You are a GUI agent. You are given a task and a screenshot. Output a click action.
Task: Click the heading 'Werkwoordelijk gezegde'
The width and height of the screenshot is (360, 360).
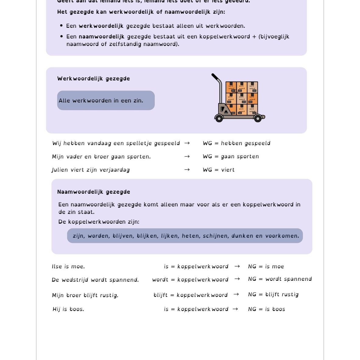(94, 79)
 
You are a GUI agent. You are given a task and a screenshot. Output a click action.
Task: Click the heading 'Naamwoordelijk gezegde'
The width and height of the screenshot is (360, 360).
(94, 192)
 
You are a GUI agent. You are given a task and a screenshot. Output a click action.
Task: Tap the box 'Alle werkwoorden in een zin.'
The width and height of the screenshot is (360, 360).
(106, 101)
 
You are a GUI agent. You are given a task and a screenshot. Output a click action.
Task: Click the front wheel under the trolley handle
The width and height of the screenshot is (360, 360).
(219, 118)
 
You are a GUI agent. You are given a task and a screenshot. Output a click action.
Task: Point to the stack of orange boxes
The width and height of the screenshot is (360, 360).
(242, 97)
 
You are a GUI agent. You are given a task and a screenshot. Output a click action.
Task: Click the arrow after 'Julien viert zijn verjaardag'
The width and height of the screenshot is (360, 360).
(187, 170)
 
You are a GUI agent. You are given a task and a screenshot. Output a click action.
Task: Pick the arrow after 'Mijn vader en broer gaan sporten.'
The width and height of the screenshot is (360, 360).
(187, 156)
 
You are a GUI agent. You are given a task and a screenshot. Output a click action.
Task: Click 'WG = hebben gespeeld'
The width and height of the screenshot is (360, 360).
(237, 143)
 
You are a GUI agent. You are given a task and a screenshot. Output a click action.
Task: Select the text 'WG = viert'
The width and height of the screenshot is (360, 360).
(219, 170)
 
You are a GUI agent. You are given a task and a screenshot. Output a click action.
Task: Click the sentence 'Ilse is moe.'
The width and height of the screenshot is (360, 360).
(68, 266)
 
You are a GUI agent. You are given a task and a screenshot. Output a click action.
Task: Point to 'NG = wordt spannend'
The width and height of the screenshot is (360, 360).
(280, 279)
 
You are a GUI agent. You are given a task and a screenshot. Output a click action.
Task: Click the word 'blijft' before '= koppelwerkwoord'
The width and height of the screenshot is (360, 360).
(161, 295)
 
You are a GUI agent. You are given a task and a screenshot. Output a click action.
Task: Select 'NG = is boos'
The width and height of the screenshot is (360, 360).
(266, 309)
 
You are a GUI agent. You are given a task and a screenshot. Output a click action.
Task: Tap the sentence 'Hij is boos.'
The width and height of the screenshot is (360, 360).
(68, 309)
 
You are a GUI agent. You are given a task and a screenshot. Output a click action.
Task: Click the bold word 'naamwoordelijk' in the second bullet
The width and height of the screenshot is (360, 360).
(101, 37)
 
